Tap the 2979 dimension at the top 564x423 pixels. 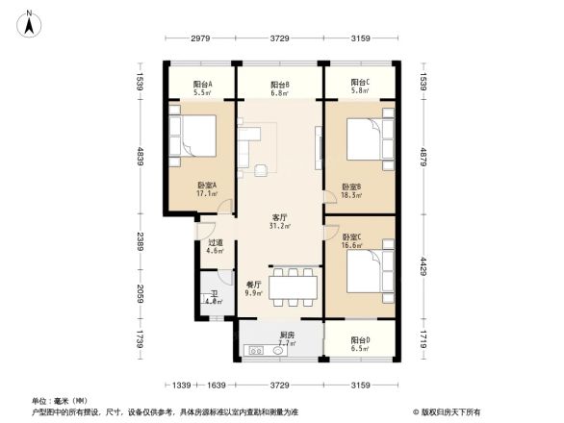click(199, 37)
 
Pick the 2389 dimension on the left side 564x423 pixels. click(140, 239)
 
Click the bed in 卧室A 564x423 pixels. click(198, 136)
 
